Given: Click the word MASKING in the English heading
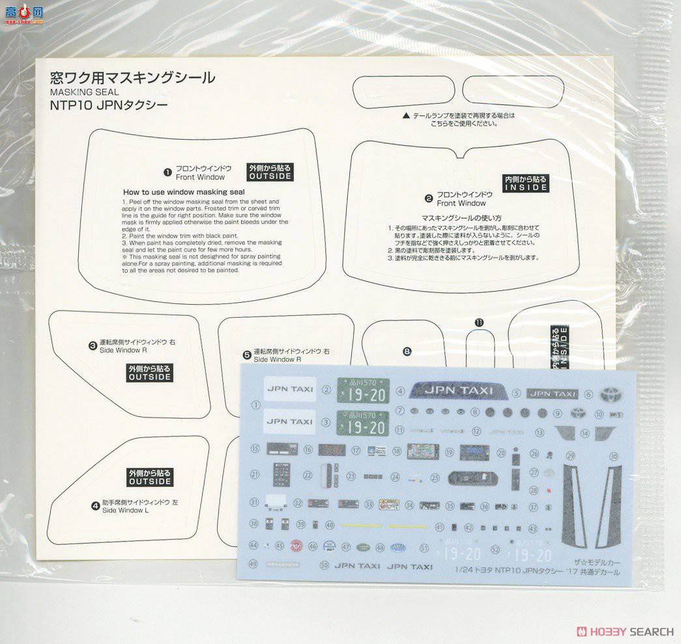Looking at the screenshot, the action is [68, 92].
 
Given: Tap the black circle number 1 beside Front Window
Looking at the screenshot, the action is [167, 172].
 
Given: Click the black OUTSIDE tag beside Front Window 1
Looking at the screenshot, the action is [270, 172].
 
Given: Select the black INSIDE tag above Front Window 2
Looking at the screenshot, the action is [527, 183].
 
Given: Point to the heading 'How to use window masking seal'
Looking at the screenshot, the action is [184, 192].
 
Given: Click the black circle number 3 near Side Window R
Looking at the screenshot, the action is [93, 345].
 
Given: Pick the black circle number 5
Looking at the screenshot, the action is [247, 354].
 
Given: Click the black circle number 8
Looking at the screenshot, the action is [407, 352].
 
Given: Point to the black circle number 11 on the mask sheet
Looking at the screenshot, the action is [480, 322].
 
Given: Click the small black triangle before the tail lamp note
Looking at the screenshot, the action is [406, 115].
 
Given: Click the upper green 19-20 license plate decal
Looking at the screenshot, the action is [362, 390].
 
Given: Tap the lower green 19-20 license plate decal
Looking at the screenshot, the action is [362, 423].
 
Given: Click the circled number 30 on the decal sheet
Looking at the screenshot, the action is [613, 456].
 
